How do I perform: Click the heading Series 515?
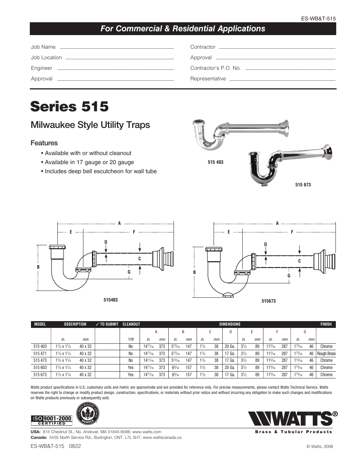69,106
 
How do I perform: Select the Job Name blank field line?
117,48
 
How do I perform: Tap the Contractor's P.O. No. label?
215,68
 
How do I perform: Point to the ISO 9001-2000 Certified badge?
51,420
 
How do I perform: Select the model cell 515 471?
40,354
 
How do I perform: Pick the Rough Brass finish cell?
326,354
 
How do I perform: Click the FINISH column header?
326,324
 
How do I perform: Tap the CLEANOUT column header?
131,324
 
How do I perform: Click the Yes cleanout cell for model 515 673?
131,375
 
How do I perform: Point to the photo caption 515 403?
215,162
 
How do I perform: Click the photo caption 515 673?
303,185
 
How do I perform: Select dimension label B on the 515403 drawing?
38,267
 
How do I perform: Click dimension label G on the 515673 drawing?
289,276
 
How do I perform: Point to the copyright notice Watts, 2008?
320,446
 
